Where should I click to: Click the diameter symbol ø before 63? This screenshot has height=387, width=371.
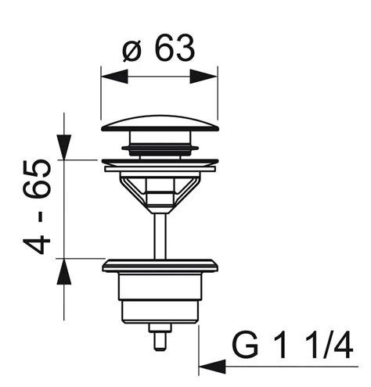(x=131, y=52)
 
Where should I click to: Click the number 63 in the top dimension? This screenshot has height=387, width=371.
(x=175, y=47)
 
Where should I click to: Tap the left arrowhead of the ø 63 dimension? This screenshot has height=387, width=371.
(x=114, y=77)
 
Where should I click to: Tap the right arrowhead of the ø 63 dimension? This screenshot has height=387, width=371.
(x=204, y=77)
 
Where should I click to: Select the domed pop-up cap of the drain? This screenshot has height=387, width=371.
(x=160, y=124)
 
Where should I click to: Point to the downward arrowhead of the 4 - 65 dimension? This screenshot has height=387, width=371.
(x=64, y=147)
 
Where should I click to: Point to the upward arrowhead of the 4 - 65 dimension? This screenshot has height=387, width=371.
(x=64, y=271)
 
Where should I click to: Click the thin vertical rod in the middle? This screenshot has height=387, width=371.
(x=160, y=236)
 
